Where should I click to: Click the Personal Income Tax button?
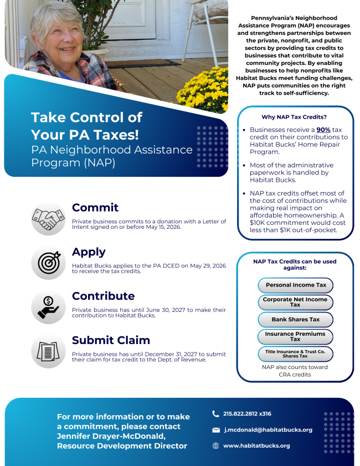[296, 285]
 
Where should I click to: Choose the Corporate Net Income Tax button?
[296, 302]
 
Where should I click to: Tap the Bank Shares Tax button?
[296, 320]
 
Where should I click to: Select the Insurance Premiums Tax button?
[296, 337]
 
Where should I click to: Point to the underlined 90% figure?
[323, 130]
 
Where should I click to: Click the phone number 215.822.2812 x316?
[247, 413]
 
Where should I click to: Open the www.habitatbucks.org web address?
[256, 445]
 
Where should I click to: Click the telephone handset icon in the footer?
[215, 413]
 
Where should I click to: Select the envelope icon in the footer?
[215, 430]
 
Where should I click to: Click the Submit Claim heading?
[111, 340]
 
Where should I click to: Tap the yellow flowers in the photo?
[202, 89]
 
